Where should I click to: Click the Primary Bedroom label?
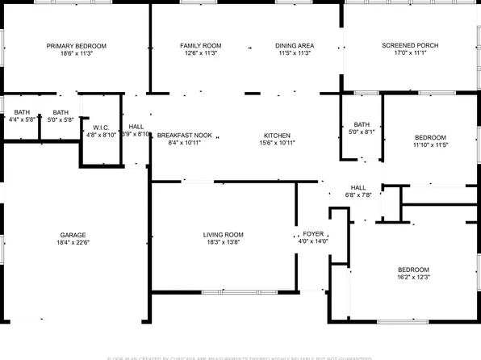[77, 46]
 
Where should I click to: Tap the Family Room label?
[200, 46]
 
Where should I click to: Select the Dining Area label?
[294, 46]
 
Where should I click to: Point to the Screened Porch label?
[410, 46]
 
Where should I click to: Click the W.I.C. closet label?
[101, 128]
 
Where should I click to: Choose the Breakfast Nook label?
[184, 136]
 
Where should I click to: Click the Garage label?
[73, 234]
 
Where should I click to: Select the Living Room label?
[223, 235]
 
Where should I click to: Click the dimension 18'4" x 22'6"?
[73, 242]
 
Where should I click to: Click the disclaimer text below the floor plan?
[240, 357]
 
